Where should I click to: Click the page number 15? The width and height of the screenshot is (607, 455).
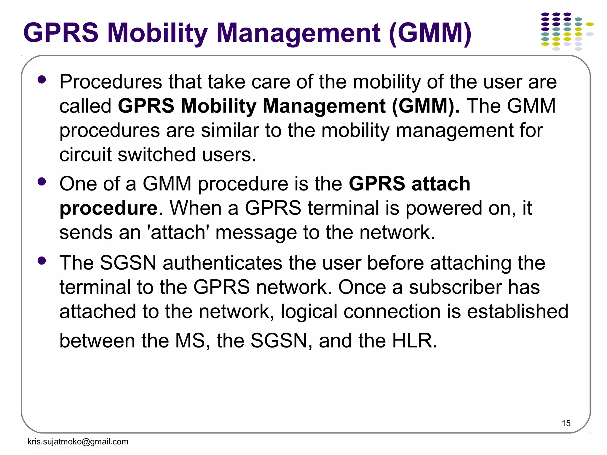[x=566, y=423]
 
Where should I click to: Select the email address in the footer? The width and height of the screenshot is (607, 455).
[x=78, y=442]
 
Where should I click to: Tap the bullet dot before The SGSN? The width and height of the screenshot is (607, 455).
[x=42, y=260]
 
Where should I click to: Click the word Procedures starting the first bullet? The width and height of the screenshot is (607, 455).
[x=111, y=82]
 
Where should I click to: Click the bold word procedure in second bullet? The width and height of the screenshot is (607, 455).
[x=108, y=209]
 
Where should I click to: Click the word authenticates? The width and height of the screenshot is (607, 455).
[x=222, y=263]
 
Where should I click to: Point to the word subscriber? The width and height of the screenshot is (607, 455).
[x=455, y=287]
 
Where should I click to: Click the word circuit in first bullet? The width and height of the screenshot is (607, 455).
[x=85, y=155]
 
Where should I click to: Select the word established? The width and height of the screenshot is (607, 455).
[x=517, y=312]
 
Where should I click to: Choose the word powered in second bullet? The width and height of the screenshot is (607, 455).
[x=443, y=209]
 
